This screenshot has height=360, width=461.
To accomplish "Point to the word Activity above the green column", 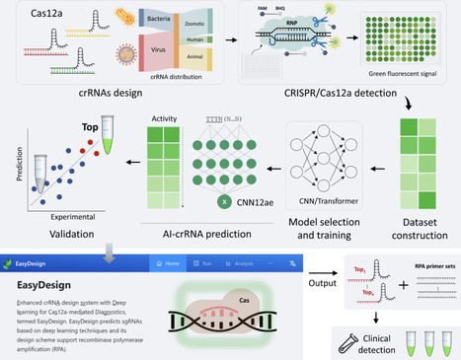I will (165, 118).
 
